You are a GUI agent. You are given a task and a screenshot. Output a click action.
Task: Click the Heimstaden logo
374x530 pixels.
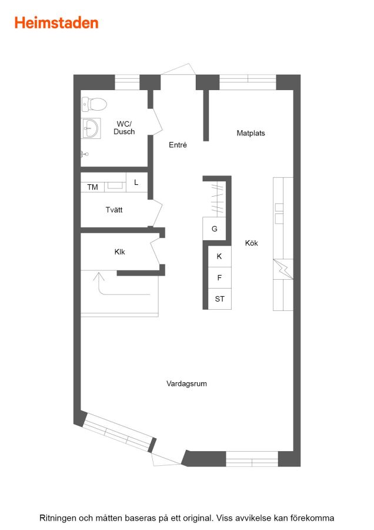56,23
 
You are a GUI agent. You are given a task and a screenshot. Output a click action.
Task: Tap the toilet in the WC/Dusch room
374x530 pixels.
94,104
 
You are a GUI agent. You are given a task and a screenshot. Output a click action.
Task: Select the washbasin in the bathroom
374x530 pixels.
91,128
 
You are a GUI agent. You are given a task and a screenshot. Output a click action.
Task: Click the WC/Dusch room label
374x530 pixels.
124,128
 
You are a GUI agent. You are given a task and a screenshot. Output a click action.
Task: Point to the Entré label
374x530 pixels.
178,145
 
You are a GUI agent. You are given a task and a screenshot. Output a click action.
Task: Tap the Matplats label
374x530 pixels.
251,133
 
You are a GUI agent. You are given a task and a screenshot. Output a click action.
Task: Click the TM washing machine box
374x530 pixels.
92,187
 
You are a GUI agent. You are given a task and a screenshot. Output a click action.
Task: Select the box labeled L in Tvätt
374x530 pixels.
136,183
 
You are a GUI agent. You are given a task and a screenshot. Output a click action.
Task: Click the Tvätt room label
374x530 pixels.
114,210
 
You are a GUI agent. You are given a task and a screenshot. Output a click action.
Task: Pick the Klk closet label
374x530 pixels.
120,252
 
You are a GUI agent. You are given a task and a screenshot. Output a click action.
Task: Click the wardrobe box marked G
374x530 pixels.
214,228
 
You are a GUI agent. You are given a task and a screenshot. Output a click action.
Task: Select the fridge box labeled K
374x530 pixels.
219,257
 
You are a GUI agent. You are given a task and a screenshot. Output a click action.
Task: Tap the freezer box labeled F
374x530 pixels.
219,278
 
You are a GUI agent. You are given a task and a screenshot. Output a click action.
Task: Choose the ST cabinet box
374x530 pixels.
219,299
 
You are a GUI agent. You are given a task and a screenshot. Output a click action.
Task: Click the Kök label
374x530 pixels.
252,243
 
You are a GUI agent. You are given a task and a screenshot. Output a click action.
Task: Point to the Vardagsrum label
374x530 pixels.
186,383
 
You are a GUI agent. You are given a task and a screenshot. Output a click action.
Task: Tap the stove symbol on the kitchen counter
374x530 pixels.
283,269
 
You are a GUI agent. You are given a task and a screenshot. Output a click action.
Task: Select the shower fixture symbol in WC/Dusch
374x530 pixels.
85,154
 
